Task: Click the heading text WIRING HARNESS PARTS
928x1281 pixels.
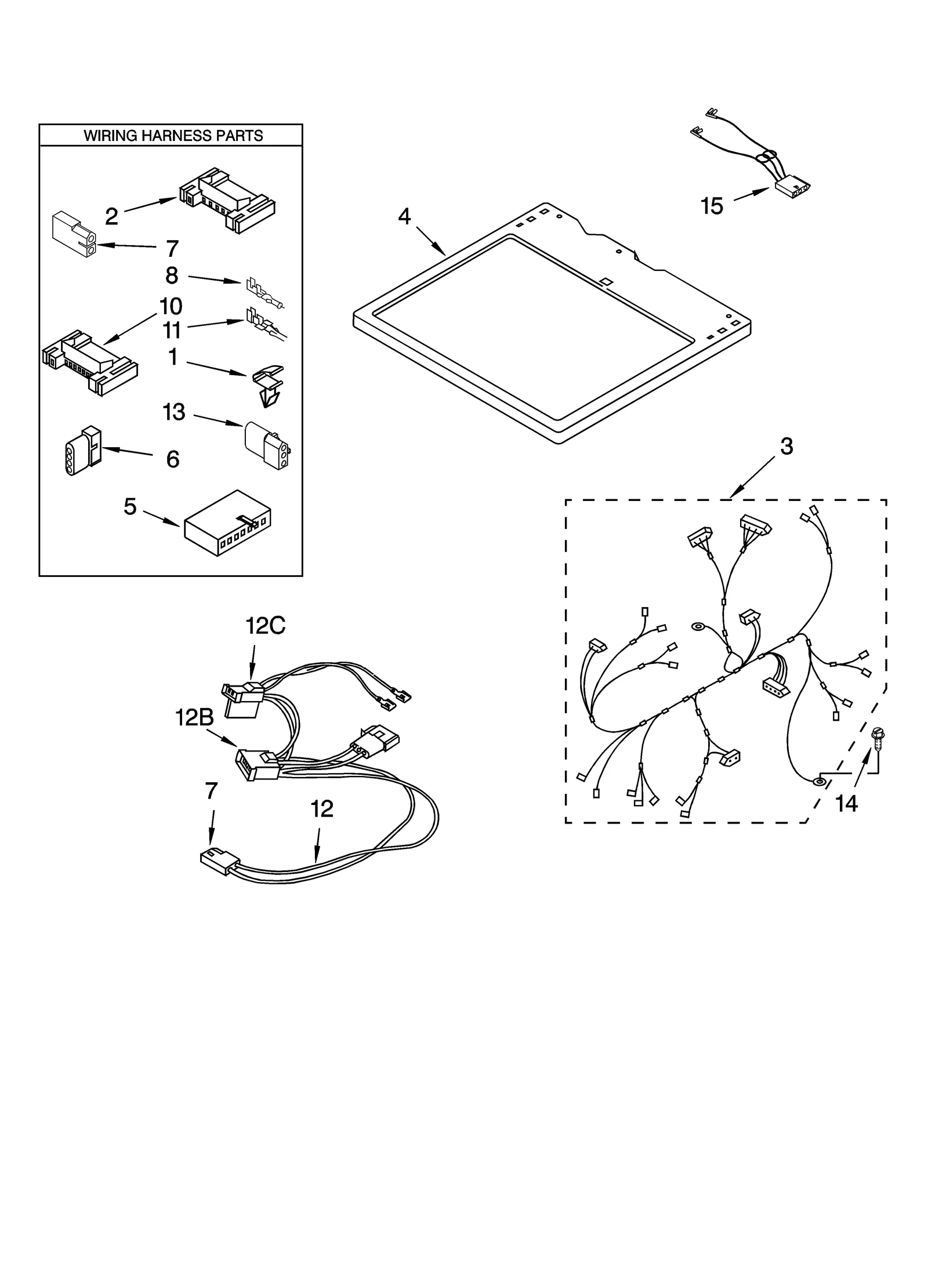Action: pos(173,136)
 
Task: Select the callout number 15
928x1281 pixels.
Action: pos(712,206)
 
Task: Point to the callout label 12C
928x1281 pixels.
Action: pos(265,626)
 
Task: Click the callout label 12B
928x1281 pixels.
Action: pos(194,718)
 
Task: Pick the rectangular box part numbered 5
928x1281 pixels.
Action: pos(228,523)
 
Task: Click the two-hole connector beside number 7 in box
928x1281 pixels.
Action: pos(74,234)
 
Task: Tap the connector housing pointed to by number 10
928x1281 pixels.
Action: pos(90,362)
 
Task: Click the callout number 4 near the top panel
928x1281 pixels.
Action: pos(404,216)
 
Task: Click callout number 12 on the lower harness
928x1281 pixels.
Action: pos(322,808)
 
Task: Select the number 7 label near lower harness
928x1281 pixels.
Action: pos(211,791)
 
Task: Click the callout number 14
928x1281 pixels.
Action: pos(846,804)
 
